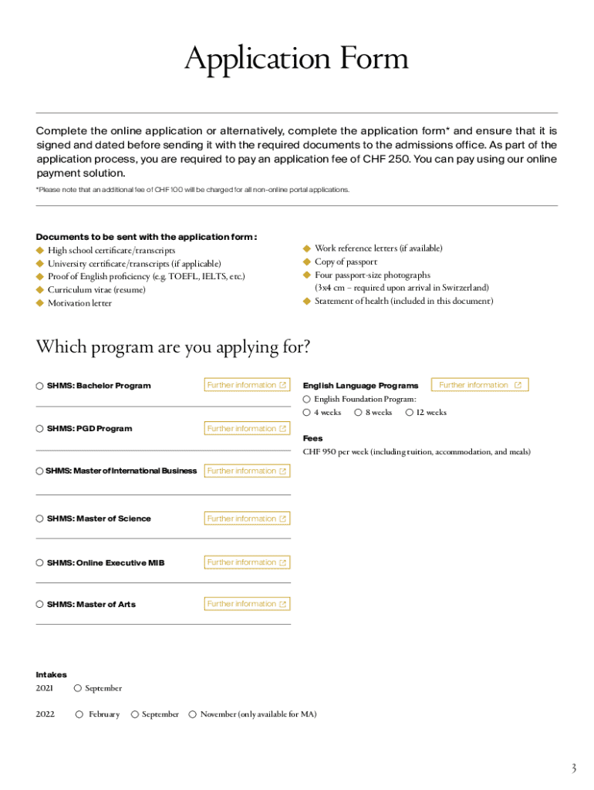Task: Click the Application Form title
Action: pos(296,61)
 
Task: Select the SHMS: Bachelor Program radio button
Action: pos(39,386)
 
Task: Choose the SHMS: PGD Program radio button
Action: pos(39,429)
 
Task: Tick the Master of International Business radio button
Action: pos(39,471)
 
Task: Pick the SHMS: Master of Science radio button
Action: pos(39,519)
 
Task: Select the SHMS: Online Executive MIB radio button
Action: pos(39,563)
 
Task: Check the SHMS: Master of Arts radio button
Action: pos(39,605)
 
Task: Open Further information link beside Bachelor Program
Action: pos(247,385)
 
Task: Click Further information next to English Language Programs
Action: pos(480,385)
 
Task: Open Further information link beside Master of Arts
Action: pos(247,604)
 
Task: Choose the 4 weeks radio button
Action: pos(307,413)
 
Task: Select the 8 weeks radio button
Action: pos(359,413)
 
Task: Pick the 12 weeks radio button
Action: pos(409,413)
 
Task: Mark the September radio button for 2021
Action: pos(79,688)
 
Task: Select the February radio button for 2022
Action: pos(79,715)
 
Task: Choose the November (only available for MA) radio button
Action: pos(193,715)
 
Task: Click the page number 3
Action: pos(573,768)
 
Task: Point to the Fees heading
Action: pos(312,438)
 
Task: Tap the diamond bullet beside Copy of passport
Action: pos(306,262)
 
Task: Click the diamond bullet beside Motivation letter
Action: pos(39,303)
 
